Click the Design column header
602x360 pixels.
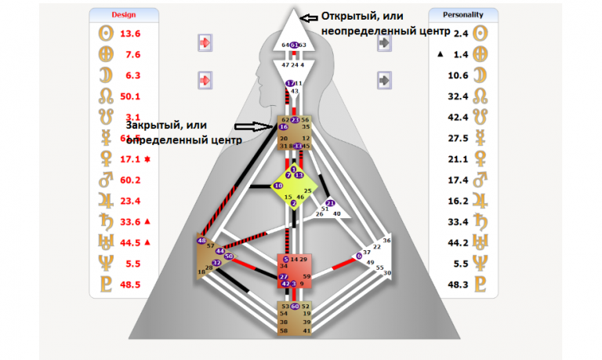(123, 14)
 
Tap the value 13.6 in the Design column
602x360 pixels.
(129, 34)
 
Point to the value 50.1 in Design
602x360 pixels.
(129, 96)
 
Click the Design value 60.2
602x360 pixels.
(129, 180)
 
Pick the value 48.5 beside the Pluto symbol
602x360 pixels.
(129, 285)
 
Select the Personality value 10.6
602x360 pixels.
(457, 75)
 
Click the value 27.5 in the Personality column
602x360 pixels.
(457, 138)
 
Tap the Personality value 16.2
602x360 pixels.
(457, 201)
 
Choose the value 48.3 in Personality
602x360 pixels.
(457, 284)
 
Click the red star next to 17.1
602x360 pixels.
(147, 159)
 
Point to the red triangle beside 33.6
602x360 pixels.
(147, 221)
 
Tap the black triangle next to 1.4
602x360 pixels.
(440, 54)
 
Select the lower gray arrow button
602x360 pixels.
(384, 79)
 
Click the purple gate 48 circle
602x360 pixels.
(201, 240)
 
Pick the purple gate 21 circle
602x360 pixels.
(330, 203)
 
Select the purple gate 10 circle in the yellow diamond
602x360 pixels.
(278, 185)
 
